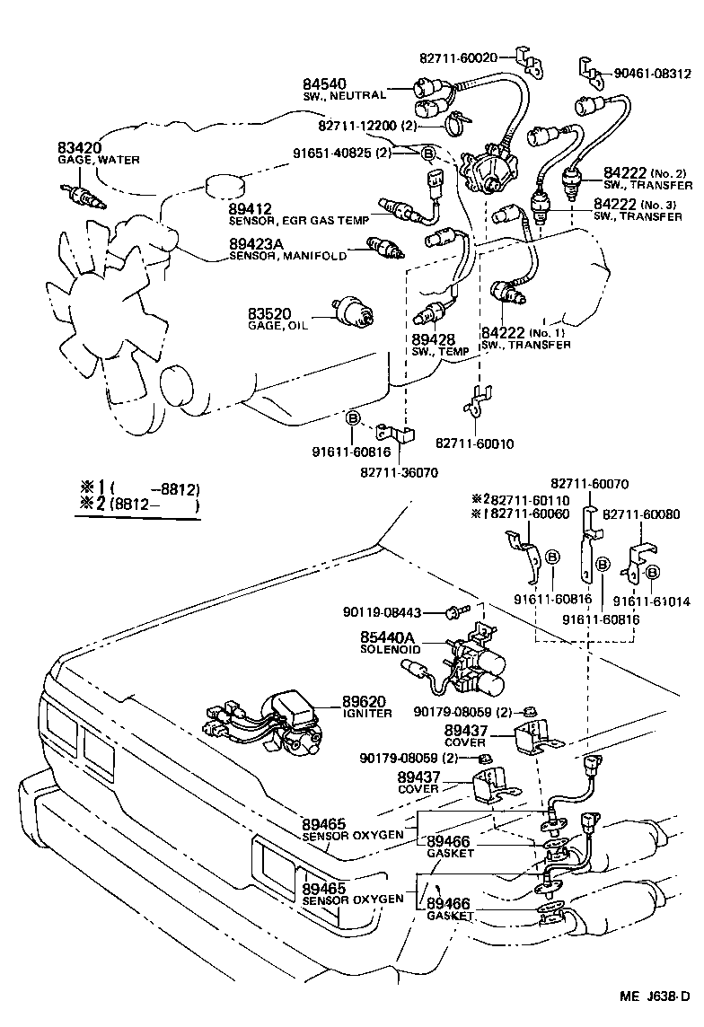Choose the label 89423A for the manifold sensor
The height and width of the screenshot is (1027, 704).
tap(260, 243)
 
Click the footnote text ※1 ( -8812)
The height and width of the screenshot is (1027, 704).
tap(139, 490)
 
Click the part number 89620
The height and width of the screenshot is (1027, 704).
tap(363, 701)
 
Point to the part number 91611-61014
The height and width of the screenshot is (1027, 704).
tap(653, 601)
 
